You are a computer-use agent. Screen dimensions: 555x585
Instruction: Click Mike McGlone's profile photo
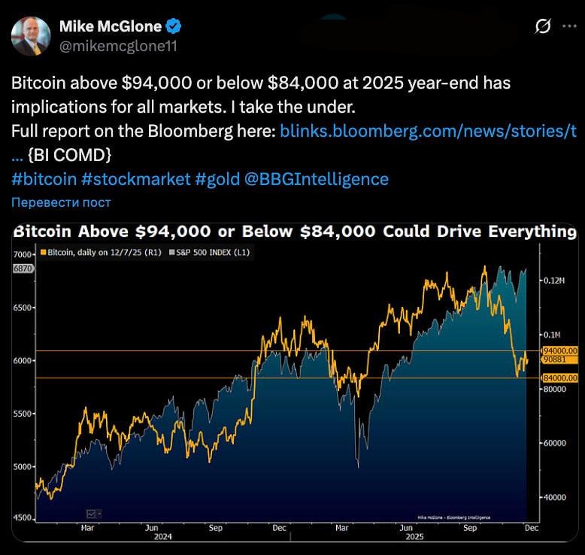point(32,37)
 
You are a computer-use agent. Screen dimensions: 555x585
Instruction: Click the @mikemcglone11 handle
point(119,46)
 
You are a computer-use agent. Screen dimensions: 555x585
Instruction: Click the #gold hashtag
point(219,179)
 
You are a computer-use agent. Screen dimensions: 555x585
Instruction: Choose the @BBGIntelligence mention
point(317,179)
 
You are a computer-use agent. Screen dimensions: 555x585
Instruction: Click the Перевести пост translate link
point(62,202)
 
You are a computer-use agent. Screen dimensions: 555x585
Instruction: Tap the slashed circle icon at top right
point(542,26)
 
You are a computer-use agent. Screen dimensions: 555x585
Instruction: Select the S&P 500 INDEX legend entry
point(212,253)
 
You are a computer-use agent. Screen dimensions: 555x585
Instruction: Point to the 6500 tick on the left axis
point(23,308)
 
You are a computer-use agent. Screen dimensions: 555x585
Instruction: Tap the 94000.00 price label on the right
point(559,351)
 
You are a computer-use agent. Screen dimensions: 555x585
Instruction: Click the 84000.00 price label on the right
point(559,378)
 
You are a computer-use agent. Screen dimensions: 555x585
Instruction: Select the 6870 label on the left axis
point(23,268)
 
